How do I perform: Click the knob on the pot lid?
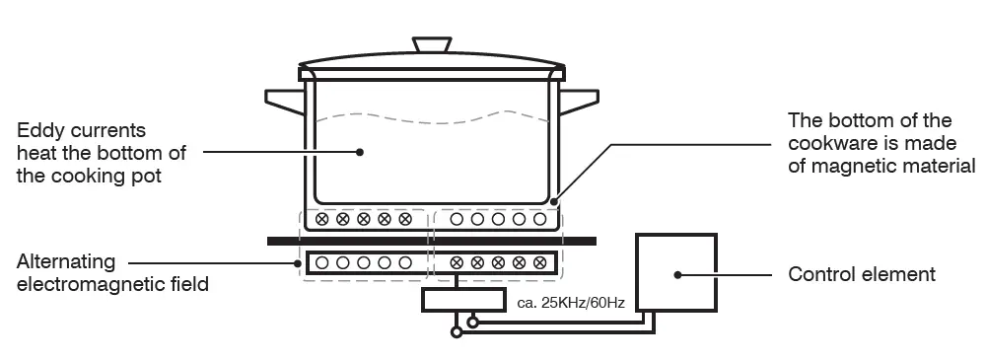[x=431, y=44]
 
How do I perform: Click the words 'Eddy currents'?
[x=82, y=130]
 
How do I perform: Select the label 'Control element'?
[x=862, y=274]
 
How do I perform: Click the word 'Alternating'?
[x=66, y=262]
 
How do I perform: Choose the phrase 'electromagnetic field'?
[x=112, y=285]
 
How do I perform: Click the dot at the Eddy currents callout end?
[x=360, y=152]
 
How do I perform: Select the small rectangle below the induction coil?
[x=456, y=300]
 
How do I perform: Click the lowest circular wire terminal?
[x=456, y=332]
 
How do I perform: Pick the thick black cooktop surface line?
[x=432, y=241]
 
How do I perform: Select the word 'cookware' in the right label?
[x=830, y=143]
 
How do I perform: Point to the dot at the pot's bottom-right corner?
[x=554, y=203]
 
